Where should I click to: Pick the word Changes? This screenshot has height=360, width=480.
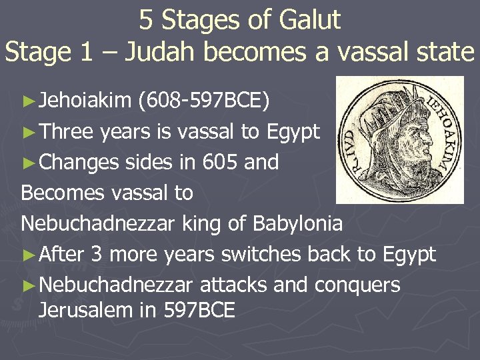point(79,162)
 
